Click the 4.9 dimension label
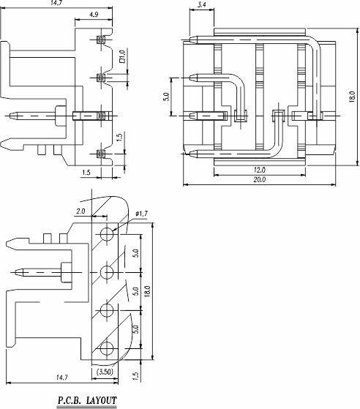click(x=94, y=15)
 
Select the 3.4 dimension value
click(x=202, y=4)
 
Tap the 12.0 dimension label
click(x=259, y=170)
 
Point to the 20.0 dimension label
click(x=259, y=179)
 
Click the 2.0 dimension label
click(x=80, y=211)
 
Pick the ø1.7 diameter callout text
click(x=142, y=214)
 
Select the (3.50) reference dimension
click(x=105, y=372)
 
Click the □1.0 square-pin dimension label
click(x=122, y=56)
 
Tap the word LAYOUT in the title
click(x=101, y=400)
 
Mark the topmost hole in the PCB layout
click(x=107, y=233)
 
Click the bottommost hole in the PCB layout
click(x=107, y=348)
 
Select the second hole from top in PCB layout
click(x=107, y=272)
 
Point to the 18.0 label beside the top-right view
click(x=352, y=97)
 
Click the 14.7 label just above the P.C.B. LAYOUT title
click(x=62, y=378)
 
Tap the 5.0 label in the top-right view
click(x=166, y=97)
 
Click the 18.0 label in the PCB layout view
click(x=147, y=291)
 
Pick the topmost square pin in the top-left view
click(x=101, y=40)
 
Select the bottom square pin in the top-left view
click(x=101, y=154)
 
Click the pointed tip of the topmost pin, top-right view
click(x=190, y=40)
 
